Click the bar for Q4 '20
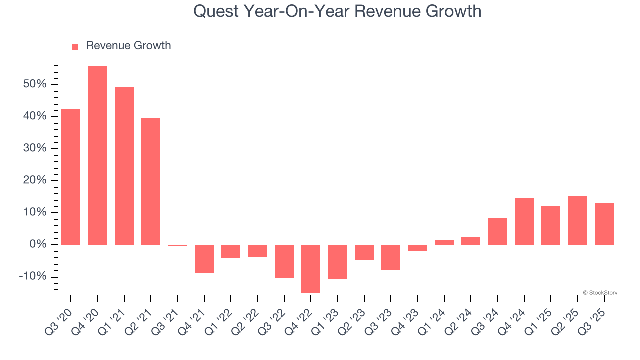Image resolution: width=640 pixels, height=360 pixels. pos(98,155)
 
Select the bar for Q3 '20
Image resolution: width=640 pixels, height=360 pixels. pos(71,177)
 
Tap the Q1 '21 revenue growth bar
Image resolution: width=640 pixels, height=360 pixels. pos(124,166)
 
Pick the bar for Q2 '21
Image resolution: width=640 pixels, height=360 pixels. pos(151,181)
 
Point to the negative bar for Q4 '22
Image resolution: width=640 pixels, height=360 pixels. pos(311,268)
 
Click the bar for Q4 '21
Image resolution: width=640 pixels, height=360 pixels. pos(204,258)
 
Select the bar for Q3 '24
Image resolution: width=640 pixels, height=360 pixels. pos(497,231)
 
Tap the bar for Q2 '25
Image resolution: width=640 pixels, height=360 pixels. pos(577,220)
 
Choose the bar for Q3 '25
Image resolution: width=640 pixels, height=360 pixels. pos(604,223)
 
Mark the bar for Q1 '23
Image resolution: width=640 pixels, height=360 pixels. pos(337,262)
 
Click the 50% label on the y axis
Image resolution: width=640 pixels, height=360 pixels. pos(35,84)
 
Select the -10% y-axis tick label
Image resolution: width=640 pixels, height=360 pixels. pos(33,277)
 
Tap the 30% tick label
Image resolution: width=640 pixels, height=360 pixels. pos(35,149)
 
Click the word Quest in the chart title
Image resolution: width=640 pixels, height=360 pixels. pos(212,11)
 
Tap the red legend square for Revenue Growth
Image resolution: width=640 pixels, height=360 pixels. pos(75,46)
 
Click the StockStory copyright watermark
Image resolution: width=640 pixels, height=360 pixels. pos(600,293)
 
